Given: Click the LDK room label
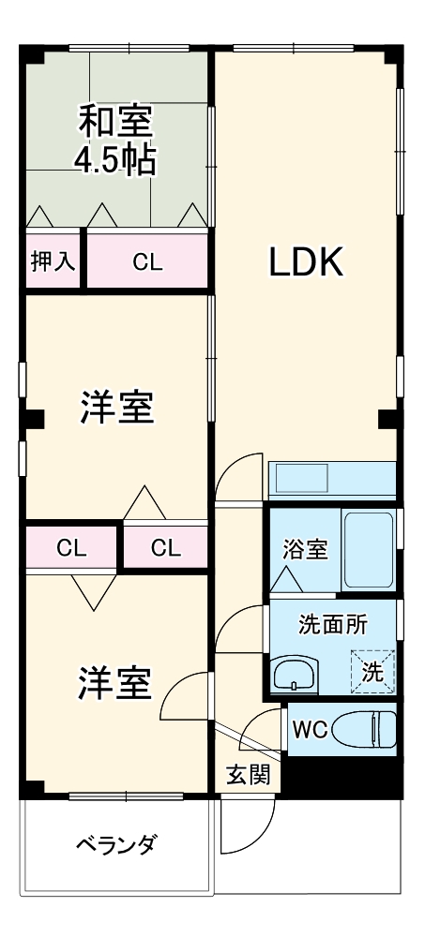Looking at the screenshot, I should pos(307,264).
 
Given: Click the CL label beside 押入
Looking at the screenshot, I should pos(147,262).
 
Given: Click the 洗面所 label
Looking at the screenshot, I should pos(333,625).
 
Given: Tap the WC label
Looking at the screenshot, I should pos(310,730).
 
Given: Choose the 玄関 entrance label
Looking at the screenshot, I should pos(248,774).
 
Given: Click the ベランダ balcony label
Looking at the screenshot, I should pos(115,844).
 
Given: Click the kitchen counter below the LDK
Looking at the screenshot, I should pos(331,481).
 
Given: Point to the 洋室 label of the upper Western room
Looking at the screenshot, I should pos(115,408).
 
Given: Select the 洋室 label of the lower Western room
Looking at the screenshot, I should pos(114,683).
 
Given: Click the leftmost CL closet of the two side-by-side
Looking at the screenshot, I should pos(71,547).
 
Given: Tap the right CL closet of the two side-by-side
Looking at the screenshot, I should pos(165,547).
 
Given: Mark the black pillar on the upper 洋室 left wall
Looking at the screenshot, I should pos(33,419).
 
